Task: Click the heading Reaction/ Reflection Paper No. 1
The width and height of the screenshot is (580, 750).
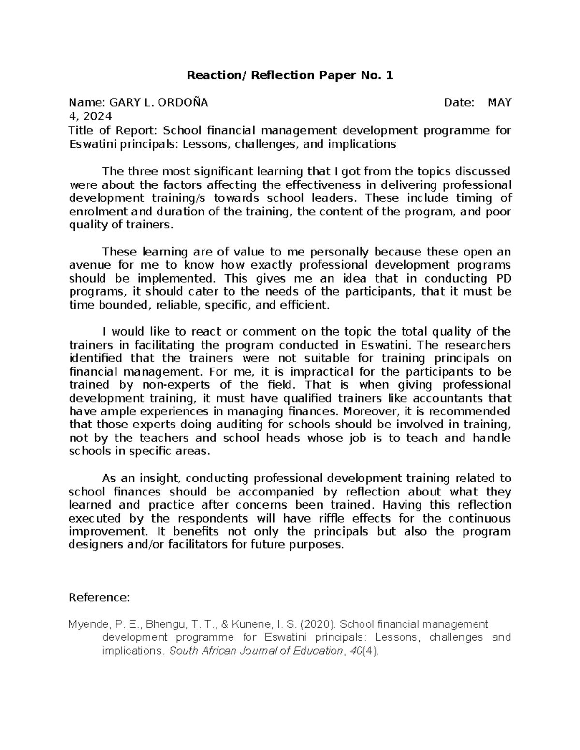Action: (290, 75)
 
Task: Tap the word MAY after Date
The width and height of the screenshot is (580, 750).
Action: (499, 102)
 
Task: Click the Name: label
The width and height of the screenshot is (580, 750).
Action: (87, 102)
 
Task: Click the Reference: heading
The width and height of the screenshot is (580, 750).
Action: (99, 598)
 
